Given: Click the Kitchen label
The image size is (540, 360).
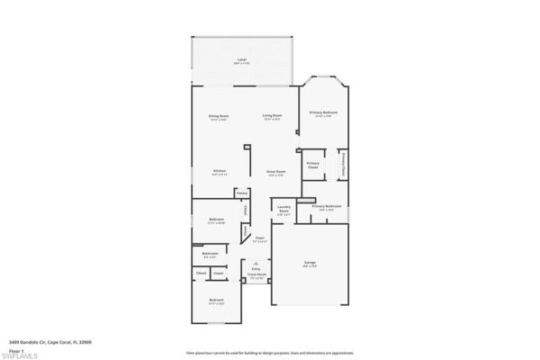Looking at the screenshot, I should [219, 172].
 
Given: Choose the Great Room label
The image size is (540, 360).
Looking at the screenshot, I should [275, 172].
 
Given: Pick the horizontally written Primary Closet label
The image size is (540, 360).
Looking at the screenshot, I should [313, 165].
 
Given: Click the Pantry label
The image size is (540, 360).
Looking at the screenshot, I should [242, 193].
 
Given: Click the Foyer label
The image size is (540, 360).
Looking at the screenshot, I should [259, 238].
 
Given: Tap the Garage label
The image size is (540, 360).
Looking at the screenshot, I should [309, 264].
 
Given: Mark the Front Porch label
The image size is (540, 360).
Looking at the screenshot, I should [256, 276].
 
